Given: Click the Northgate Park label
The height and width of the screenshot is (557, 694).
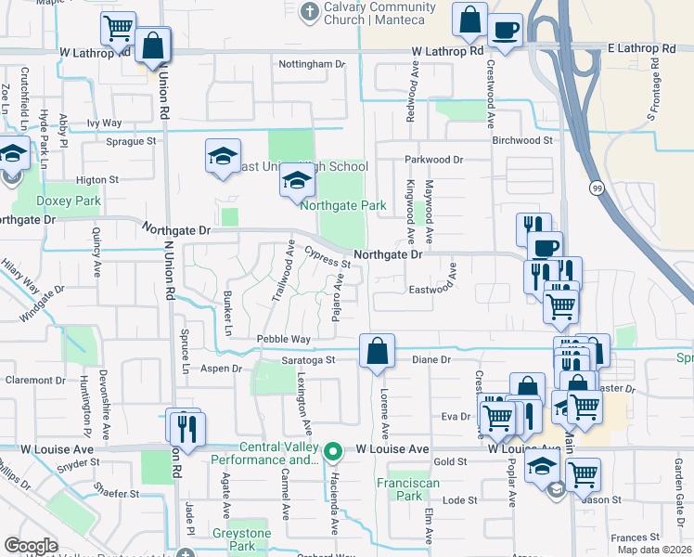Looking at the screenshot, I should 341,205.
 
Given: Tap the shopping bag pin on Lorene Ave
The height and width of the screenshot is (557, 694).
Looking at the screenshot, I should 378,351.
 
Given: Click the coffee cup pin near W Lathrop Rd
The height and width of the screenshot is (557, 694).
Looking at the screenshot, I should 505,30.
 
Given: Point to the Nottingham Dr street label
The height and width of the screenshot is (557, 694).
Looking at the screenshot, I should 312,64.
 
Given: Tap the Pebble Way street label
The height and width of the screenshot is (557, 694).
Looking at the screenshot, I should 283,340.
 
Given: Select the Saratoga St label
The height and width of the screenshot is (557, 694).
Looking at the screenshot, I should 309,359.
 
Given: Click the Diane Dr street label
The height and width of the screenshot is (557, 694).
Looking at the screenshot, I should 431,359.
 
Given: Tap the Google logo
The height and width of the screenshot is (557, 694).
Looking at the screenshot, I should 31,546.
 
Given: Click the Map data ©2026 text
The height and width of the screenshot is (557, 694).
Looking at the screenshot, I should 654,550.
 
